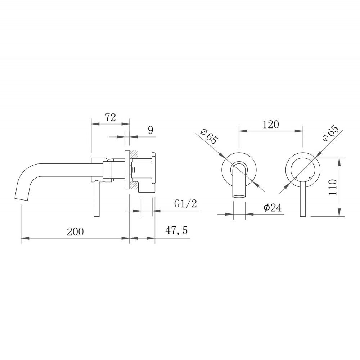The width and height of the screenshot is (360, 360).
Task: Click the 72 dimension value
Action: [111, 118]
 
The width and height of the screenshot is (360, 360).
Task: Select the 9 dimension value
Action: [150, 130]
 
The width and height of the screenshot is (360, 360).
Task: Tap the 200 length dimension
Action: [75, 231]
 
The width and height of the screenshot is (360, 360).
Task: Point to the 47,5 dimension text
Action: [176, 230]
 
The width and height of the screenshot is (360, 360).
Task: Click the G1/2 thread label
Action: [185, 204]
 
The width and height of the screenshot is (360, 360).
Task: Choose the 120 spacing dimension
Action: [271, 125]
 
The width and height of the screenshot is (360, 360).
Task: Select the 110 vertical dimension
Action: [333, 187]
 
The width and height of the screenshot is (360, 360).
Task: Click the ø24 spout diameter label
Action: [273, 208]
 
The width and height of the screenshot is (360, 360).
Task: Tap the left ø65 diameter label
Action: [209, 137]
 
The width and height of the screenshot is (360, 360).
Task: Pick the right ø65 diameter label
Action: [330, 134]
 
